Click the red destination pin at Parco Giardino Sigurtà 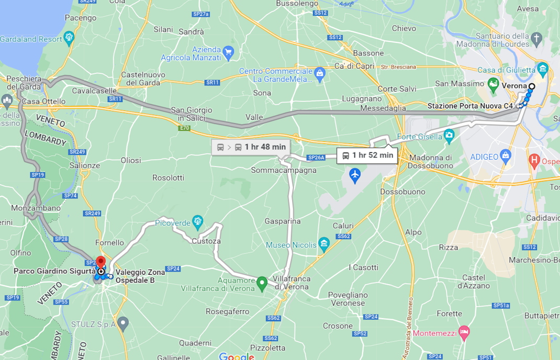[x=100, y=262]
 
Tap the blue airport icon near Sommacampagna [x=355, y=175]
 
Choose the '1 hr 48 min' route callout [x=251, y=147]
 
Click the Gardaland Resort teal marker [x=69, y=38]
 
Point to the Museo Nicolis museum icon [x=324, y=244]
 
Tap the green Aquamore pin [x=262, y=284]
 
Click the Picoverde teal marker [x=197, y=222]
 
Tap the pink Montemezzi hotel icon [x=463, y=332]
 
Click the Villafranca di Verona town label [x=292, y=283]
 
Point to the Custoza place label [x=206, y=241]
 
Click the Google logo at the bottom [x=237, y=356]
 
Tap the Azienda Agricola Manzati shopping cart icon [x=228, y=52]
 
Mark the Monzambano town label [x=36, y=208]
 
